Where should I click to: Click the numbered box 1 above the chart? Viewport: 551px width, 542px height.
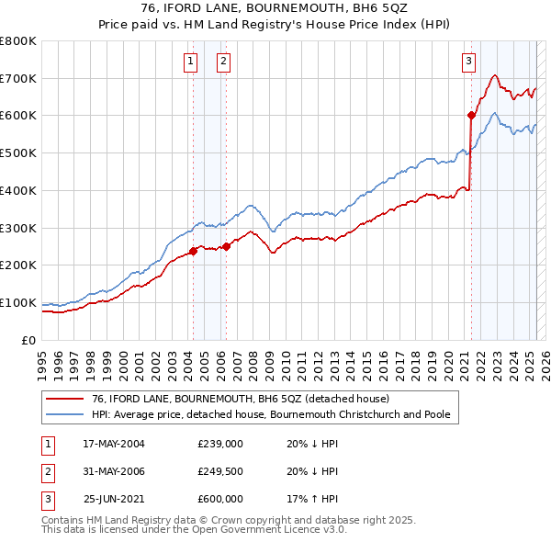click(190, 62)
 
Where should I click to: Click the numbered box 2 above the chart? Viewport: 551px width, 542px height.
click(223, 62)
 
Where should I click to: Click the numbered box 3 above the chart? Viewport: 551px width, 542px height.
click(468, 62)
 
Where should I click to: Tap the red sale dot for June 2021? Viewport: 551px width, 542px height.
click(471, 116)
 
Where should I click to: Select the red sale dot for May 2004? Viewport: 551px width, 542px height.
click(193, 251)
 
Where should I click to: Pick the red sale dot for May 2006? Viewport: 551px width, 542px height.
click(226, 246)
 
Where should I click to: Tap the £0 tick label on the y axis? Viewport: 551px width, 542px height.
click(29, 340)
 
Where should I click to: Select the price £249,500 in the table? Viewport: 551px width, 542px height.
click(219, 471)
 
